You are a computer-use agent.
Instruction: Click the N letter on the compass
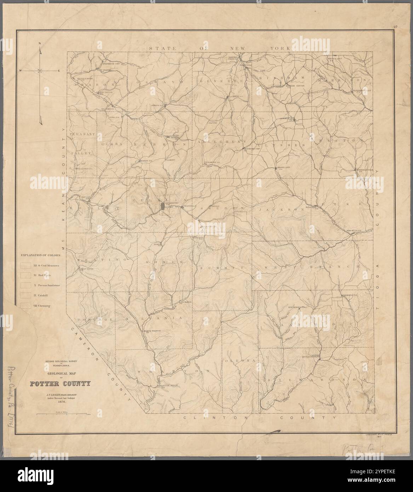coord(40,43)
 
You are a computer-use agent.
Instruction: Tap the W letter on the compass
coord(21,71)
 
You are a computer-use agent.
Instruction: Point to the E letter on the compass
coord(59,71)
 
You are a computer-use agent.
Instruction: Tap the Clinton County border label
coord(260,418)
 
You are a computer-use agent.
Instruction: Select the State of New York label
coord(219,48)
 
